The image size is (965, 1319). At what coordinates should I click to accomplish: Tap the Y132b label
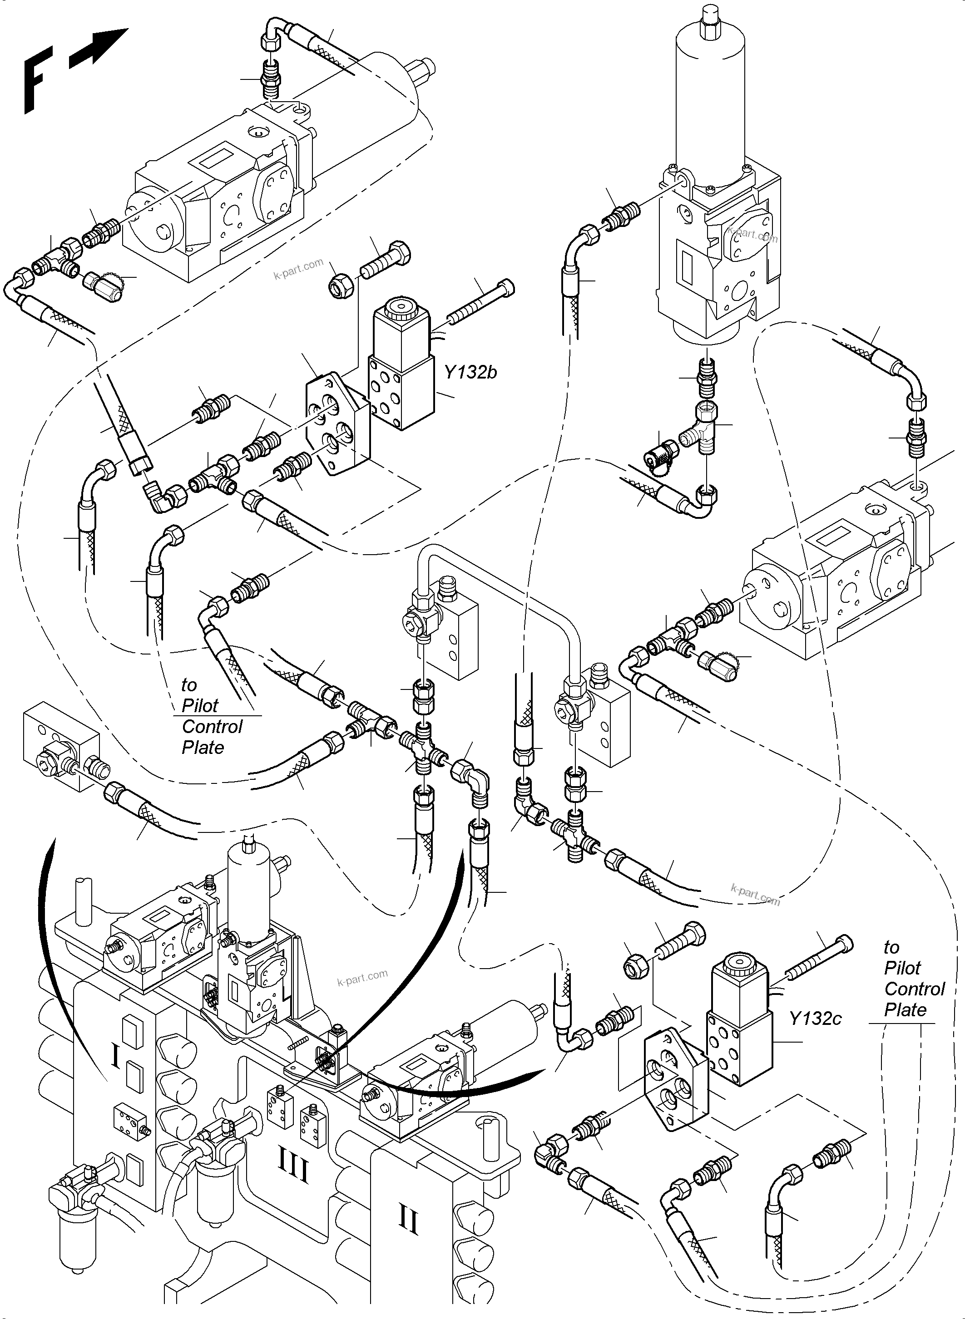click(x=470, y=372)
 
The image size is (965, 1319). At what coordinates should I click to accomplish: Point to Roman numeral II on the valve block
click(x=408, y=1220)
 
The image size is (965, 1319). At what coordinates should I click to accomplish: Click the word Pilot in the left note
click(x=200, y=706)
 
